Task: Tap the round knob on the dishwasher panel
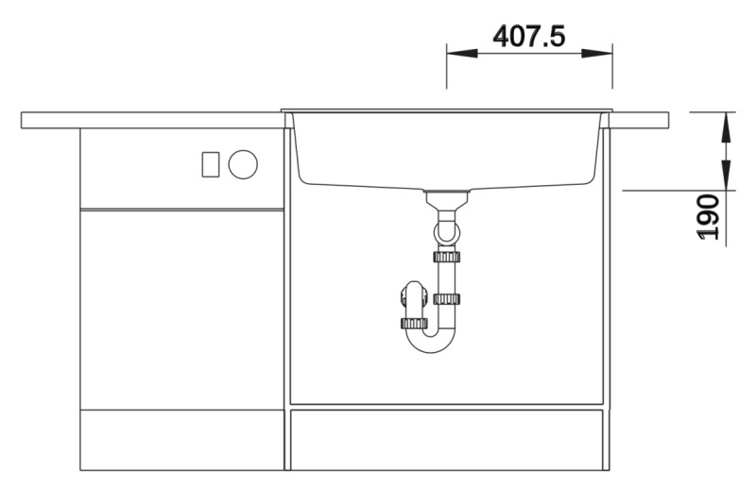[x=243, y=163]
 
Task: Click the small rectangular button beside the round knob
[x=211, y=163]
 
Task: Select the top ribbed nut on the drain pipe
[x=446, y=257]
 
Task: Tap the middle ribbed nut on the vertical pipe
[x=446, y=299]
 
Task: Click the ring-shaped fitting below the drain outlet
[x=446, y=229]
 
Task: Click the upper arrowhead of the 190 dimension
[x=726, y=123]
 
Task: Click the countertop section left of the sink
[x=151, y=120]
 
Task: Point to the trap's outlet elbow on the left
[x=407, y=299]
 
